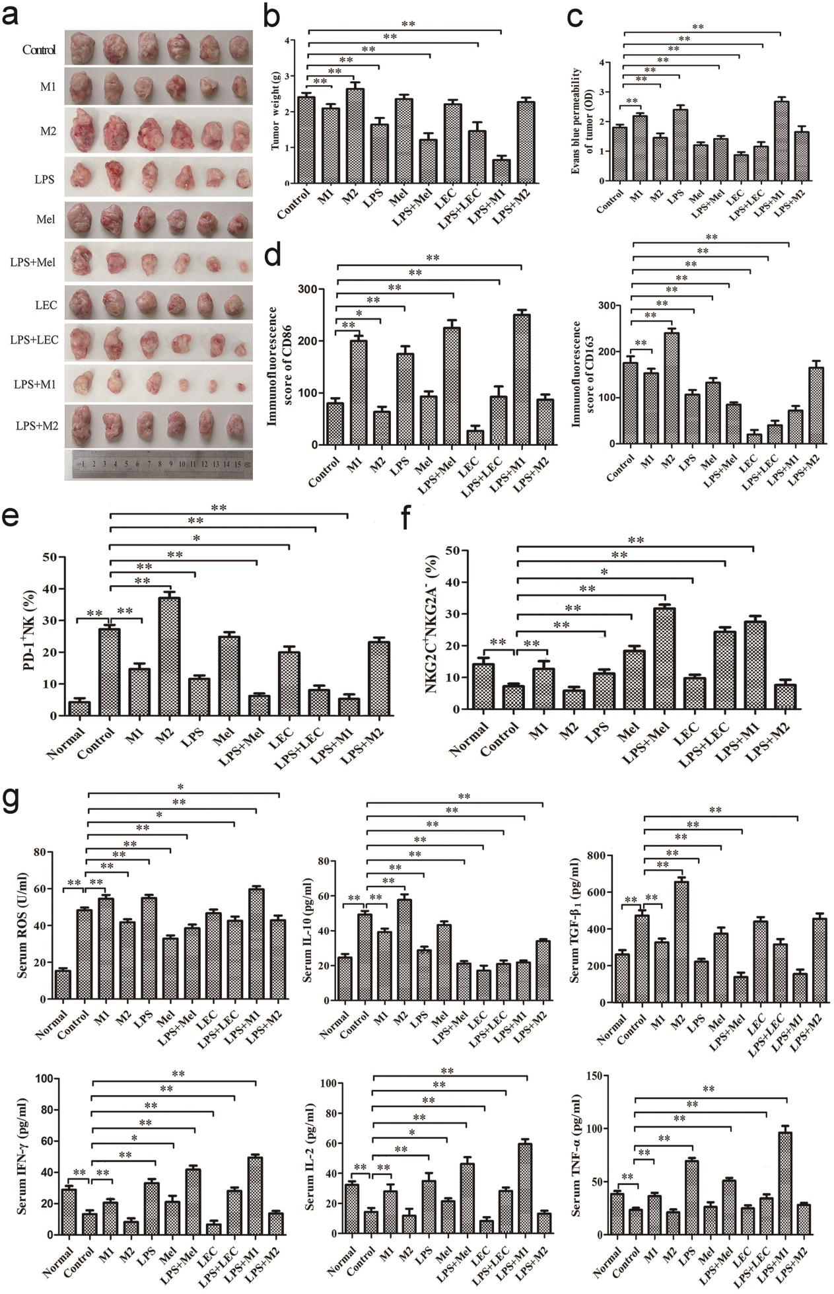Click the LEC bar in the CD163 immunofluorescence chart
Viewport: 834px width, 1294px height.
click(x=749, y=439)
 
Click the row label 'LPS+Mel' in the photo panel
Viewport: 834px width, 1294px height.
click(x=32, y=262)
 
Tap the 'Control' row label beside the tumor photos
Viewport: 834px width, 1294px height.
click(x=38, y=50)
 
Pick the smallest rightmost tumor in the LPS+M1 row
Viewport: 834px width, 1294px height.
click(x=242, y=387)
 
